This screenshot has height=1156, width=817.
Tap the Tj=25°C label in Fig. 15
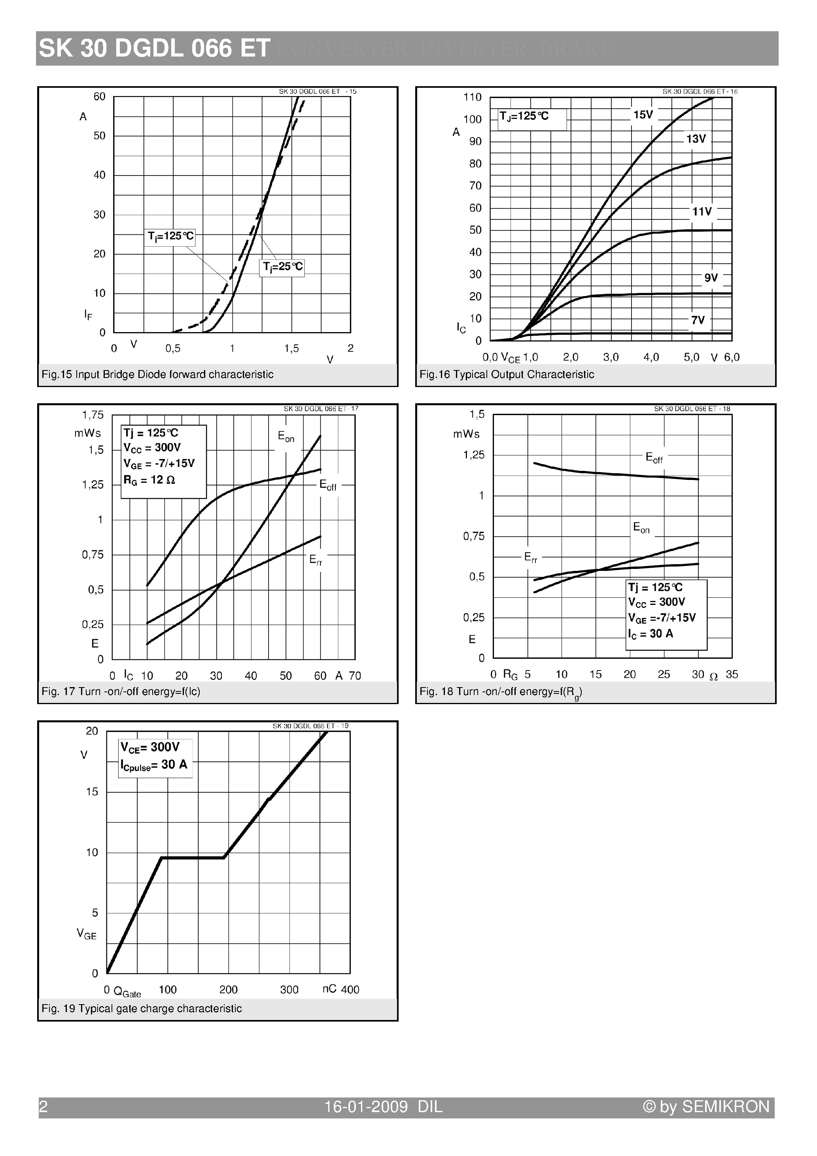tap(283, 267)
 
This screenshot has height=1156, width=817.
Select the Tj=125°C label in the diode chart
tap(170, 236)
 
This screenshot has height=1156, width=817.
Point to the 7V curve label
tap(698, 320)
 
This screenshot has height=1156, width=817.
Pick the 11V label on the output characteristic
tap(701, 212)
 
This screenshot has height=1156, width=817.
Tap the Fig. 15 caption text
tap(157, 374)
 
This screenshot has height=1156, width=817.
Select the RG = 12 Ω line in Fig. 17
tap(149, 480)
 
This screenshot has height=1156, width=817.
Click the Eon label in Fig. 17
tap(286, 436)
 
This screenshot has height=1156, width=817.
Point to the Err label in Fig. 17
tap(315, 559)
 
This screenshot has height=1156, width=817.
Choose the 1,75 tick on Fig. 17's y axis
tap(93, 415)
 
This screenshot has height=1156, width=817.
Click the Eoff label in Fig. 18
tap(654, 458)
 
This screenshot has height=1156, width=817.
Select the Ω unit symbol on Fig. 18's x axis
tap(713, 677)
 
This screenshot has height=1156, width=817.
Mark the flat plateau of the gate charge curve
tap(193, 858)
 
